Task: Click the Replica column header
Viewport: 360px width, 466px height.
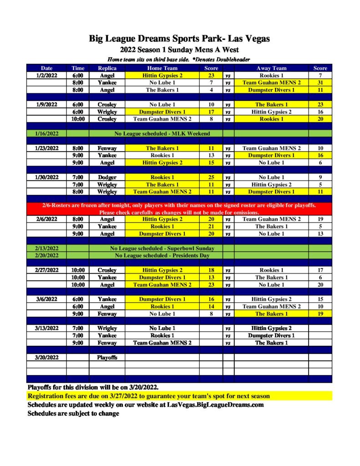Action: (107, 68)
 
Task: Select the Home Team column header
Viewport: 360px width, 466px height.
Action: (162, 68)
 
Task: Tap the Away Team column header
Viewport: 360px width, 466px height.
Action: (271, 68)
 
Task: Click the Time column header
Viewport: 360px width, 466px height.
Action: (78, 68)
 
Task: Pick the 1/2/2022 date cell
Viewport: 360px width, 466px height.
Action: (46, 76)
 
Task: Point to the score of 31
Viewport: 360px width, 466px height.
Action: (320, 83)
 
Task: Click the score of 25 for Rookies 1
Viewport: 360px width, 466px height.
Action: (211, 177)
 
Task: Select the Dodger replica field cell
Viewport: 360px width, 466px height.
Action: (107, 177)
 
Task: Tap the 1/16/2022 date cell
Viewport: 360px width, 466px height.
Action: (46, 134)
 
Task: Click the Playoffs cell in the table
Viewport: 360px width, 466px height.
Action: (107, 358)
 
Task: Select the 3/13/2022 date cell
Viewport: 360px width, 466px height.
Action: (46, 329)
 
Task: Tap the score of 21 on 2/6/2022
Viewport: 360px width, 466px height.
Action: (211, 227)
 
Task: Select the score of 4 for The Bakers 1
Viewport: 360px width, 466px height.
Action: (211, 90)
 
